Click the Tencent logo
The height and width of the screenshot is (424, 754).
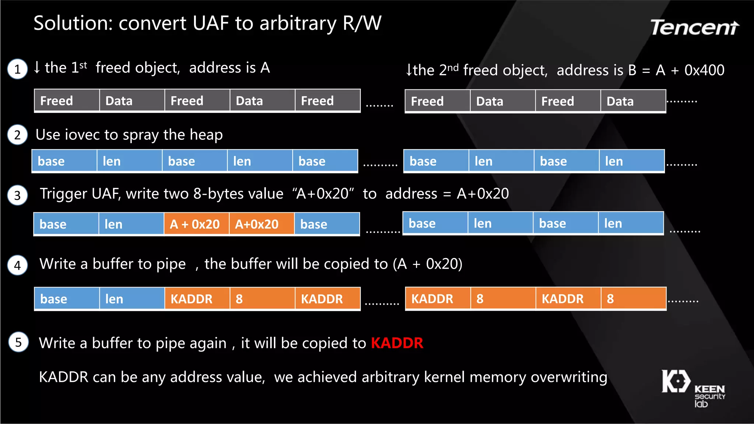(694, 28)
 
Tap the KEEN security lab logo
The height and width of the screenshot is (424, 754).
(693, 388)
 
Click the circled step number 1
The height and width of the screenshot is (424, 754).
(17, 69)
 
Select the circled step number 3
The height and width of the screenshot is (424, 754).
(17, 195)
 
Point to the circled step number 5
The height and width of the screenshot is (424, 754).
(18, 342)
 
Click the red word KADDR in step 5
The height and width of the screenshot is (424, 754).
(397, 343)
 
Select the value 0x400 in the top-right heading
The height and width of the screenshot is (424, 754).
(704, 70)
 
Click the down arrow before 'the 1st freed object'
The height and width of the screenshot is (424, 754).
(37, 67)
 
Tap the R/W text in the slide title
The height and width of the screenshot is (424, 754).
(362, 23)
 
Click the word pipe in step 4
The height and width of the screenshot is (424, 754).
(171, 264)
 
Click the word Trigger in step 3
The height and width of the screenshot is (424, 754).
(63, 194)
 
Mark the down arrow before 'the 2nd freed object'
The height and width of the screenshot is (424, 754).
(409, 70)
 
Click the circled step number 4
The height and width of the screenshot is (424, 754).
(17, 265)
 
